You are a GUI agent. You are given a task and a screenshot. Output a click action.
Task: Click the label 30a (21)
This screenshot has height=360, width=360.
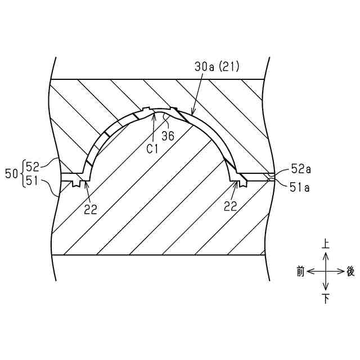coord(217,66)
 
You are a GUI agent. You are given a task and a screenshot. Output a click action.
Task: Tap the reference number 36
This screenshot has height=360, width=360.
coord(168,136)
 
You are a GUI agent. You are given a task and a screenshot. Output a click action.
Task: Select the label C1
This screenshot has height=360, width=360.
coord(152,149)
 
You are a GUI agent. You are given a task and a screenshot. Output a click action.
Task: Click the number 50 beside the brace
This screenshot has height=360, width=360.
coord(11,174)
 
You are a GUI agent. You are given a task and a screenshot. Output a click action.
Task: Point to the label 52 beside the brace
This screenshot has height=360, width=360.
coord(33,167)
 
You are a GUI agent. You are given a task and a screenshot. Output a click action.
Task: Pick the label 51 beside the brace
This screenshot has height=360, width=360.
coord(32,181)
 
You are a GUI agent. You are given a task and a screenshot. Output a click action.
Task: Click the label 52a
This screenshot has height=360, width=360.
coord(301,169)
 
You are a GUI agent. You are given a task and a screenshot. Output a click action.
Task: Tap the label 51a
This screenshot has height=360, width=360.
coord(300,187)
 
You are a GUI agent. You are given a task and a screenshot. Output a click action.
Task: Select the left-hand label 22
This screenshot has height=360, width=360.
coord(91,209)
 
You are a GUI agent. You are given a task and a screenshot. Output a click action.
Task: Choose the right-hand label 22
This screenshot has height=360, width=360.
coord(230,206)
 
